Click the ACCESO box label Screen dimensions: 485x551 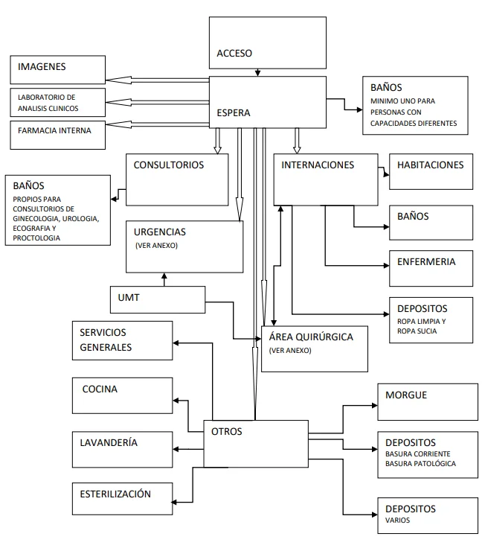tap(234, 53)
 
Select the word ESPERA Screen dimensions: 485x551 tap(234, 112)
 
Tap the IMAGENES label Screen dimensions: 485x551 tap(42, 66)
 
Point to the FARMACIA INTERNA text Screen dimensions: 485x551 tap(54, 130)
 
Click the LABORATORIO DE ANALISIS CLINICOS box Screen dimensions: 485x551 tap(57, 102)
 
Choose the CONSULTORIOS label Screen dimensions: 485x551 tap(168, 165)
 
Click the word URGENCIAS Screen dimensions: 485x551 tap(160, 232)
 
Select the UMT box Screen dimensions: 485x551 tap(158, 300)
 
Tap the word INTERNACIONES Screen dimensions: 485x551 tap(318, 165)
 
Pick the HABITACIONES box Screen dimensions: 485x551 tap(431, 171)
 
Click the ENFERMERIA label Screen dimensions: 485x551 tap(426, 261)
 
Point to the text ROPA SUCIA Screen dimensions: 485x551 tap(417, 331)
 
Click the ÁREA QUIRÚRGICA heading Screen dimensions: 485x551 tap(311, 337)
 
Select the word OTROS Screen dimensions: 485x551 tap(226, 431)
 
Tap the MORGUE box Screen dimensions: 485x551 tap(428, 402)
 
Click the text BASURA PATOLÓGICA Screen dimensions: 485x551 tap(420, 463)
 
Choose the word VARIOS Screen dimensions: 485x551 tap(397, 520)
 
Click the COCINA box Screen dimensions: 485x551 tap(123, 395)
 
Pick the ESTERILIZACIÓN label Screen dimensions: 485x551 tap(115, 494)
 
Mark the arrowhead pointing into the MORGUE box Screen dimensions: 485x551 tap(375, 406)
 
